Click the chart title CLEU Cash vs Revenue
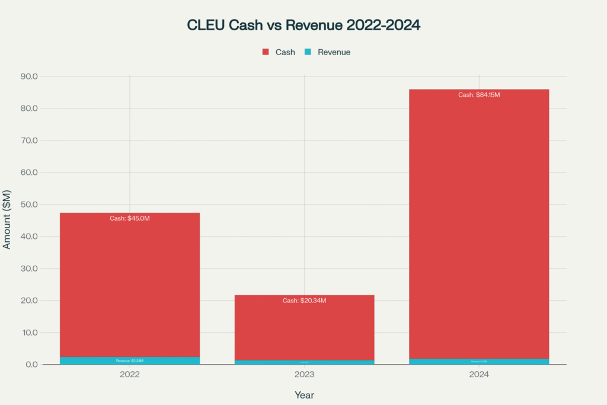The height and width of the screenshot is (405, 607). (303, 25)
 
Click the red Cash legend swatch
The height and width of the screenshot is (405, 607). (266, 52)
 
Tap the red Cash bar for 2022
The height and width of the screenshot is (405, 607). (130, 285)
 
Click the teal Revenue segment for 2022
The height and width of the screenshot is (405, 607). (130, 361)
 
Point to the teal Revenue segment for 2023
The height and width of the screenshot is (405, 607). (304, 362)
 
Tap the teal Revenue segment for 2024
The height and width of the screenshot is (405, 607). (478, 361)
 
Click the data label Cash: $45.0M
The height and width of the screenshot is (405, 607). (130, 218)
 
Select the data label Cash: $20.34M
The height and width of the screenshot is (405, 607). (304, 301)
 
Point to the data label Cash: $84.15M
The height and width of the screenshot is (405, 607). (478, 95)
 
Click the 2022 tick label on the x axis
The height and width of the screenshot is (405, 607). (130, 375)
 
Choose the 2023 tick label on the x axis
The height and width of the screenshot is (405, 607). (304, 375)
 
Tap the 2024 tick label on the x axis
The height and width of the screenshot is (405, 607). (478, 375)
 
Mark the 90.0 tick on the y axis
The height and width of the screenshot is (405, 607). (29, 76)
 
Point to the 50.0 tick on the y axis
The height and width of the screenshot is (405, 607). (29, 205)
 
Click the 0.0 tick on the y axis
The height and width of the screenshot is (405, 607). (31, 365)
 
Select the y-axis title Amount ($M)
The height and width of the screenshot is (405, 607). (7, 221)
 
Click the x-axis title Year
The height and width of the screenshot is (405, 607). (304, 395)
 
